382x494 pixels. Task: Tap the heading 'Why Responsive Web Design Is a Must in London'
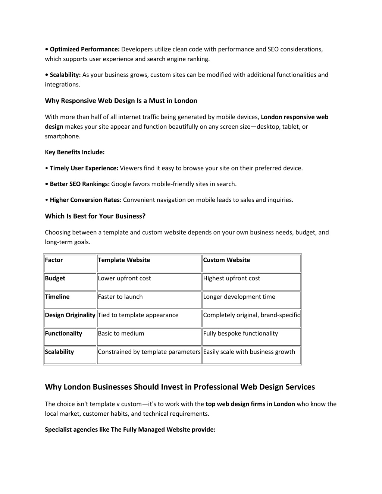(121, 101)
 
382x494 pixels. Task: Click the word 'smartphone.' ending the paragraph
(62, 136)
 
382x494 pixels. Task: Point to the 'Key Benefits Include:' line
(75, 152)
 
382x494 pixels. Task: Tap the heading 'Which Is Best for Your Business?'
(95, 216)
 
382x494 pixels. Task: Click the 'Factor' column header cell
(54, 260)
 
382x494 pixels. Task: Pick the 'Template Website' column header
(124, 260)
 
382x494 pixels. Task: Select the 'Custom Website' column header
(226, 260)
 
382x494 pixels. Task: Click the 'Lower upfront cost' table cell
(124, 278)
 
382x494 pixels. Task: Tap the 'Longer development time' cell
(239, 297)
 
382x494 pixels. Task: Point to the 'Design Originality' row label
(70, 315)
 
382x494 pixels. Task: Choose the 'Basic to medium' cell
(121, 333)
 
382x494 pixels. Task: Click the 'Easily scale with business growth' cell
(249, 352)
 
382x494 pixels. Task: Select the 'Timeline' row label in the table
(57, 297)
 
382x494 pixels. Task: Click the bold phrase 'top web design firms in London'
(250, 404)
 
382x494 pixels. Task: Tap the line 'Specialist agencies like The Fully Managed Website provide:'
(130, 430)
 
